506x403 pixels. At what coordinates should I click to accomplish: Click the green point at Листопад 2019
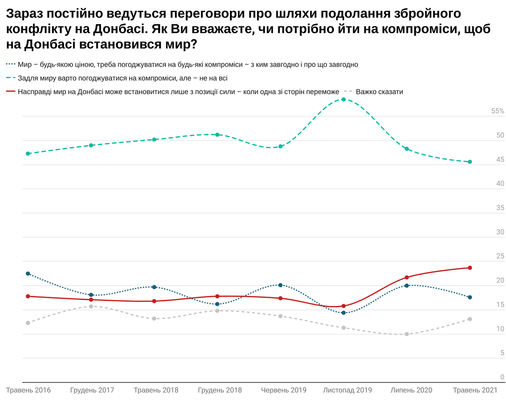[343, 99]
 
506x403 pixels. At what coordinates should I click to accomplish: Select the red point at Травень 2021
[470, 268]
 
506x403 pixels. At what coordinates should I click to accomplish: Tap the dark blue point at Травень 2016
[28, 273]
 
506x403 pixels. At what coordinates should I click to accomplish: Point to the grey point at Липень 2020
[407, 334]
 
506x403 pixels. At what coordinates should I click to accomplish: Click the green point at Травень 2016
[28, 153]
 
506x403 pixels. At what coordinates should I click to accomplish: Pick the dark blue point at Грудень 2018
[217, 304]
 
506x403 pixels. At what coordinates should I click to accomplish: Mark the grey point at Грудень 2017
[91, 306]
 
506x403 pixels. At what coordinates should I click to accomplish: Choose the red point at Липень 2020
[407, 277]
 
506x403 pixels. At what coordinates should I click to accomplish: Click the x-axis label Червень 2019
[283, 390]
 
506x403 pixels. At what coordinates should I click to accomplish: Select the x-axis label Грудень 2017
[92, 390]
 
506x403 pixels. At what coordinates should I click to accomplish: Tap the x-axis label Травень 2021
[475, 390]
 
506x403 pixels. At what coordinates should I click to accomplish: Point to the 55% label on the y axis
[497, 111]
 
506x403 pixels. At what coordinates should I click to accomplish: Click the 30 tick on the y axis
[500, 232]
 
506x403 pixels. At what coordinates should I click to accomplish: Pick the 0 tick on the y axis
[502, 377]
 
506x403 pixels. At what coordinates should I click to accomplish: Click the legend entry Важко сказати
[379, 92]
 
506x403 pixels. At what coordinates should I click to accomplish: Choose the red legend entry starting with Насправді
[178, 92]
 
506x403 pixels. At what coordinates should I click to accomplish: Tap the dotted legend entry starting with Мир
[188, 64]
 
